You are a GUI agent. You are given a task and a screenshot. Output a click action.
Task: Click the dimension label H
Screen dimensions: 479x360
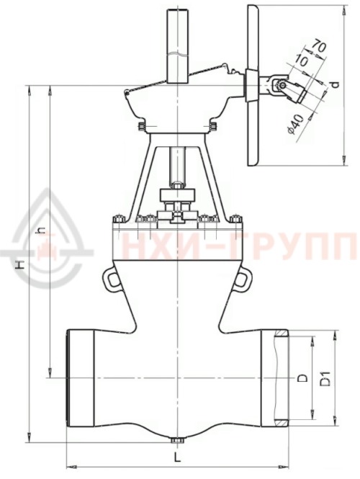point(22,265)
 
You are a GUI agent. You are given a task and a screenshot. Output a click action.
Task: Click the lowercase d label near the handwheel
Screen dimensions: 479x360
point(335,86)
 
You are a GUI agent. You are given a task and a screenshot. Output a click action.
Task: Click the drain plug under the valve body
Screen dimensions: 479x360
point(176,439)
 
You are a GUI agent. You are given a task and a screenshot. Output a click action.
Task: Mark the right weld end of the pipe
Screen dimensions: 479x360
point(281,377)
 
